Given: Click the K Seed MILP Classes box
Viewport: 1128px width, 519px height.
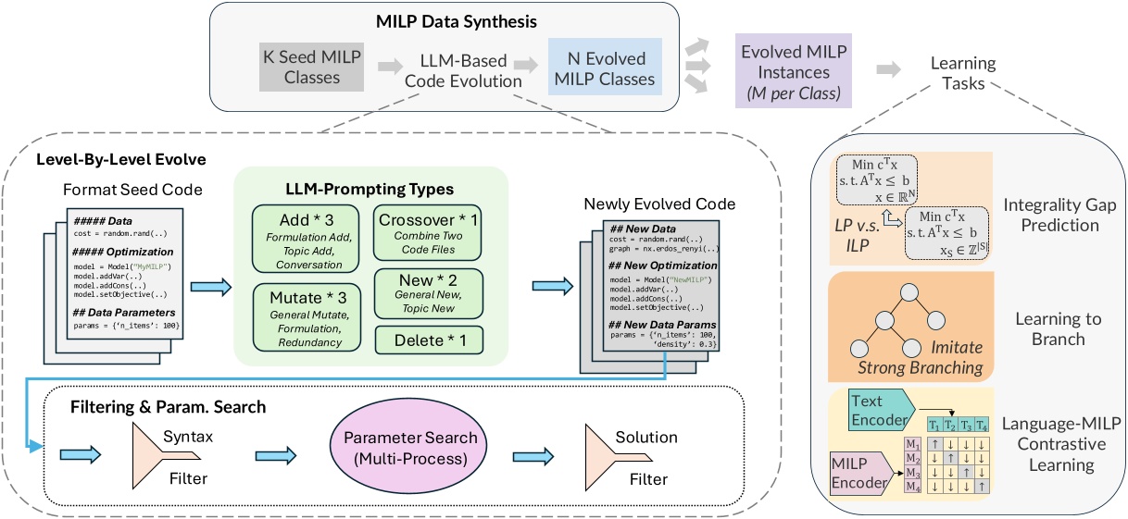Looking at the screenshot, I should tap(312, 67).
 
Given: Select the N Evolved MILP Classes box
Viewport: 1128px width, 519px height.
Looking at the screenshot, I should tap(604, 67).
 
